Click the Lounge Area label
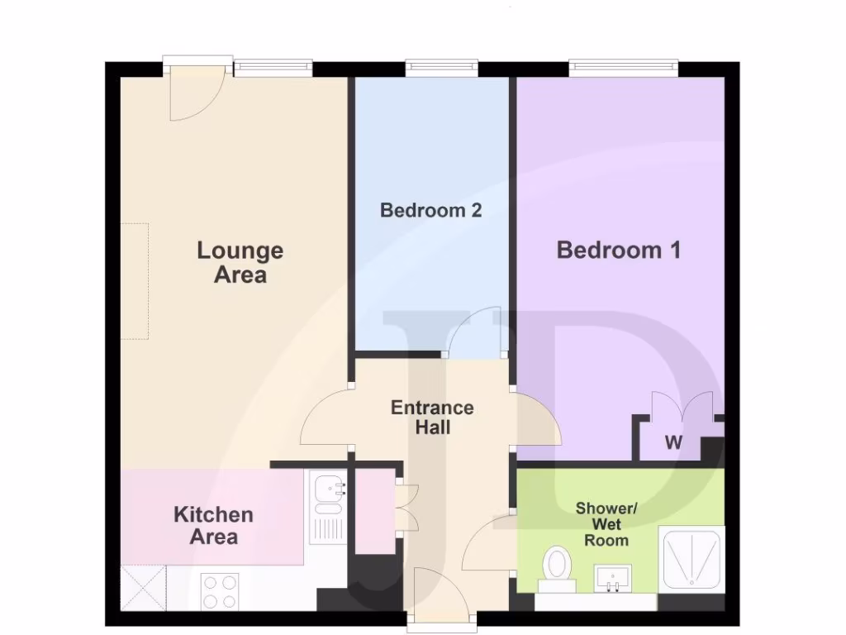(x=240, y=262)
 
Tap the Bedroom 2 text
(x=430, y=210)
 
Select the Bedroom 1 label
(x=618, y=250)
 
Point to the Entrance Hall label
(x=432, y=418)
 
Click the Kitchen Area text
(x=213, y=526)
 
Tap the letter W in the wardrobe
(x=674, y=443)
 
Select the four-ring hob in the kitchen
(x=221, y=590)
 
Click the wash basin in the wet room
(x=612, y=576)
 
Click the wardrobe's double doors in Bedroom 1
(x=681, y=410)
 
